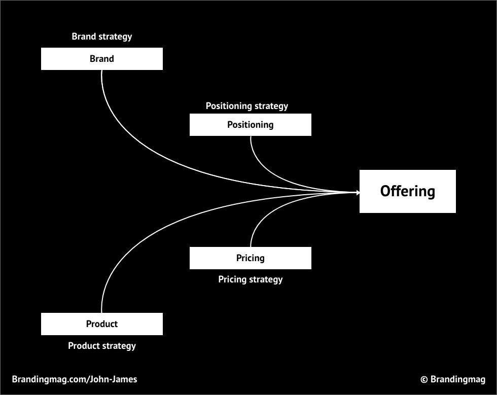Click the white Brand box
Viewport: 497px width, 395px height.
tap(101, 59)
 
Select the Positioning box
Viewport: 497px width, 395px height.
tap(250, 125)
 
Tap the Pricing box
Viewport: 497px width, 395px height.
tap(250, 258)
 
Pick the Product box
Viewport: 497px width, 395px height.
tap(101, 324)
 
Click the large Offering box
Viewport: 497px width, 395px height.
tap(407, 191)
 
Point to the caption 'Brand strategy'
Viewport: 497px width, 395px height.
tap(101, 37)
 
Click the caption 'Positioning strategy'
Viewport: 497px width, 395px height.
tap(246, 106)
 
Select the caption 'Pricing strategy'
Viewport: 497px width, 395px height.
tap(250, 279)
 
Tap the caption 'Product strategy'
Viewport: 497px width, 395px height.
tap(101, 346)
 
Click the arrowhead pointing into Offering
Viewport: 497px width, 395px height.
tap(358, 192)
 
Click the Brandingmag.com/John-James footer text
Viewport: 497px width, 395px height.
tap(74, 379)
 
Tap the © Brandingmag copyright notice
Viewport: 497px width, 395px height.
tap(452, 379)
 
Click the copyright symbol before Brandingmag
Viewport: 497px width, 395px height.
tap(424, 379)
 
